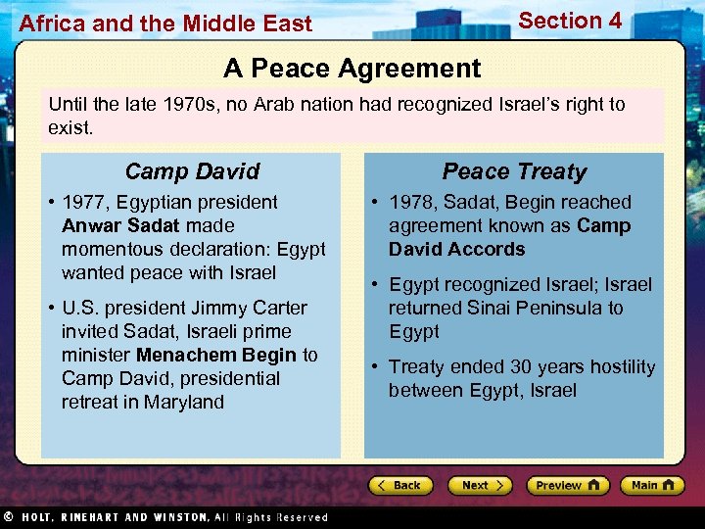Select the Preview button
567,485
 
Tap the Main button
651,485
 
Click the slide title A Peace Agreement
352,68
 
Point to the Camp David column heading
192,171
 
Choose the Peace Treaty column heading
514,171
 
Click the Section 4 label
570,21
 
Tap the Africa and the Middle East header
165,24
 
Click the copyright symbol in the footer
8,516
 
